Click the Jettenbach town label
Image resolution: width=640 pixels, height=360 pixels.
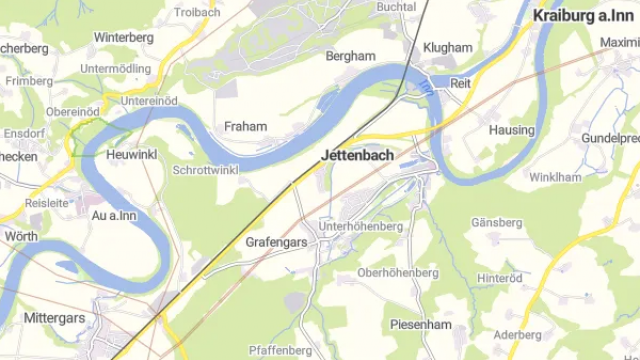(x=357, y=156)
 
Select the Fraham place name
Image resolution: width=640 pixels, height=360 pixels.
(x=245, y=127)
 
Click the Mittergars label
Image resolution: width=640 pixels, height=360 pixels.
(x=53, y=318)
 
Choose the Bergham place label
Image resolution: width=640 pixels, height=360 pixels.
(x=350, y=57)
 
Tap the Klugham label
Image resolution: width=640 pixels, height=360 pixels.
(x=447, y=47)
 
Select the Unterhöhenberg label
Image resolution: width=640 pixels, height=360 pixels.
(x=360, y=227)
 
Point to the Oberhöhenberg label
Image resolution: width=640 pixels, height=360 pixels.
(x=398, y=272)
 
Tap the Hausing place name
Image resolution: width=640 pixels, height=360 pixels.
(x=511, y=130)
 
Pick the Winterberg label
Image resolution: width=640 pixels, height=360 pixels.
(x=124, y=37)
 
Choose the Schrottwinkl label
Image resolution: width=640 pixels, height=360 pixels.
(x=205, y=171)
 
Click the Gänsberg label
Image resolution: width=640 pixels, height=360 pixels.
(x=497, y=221)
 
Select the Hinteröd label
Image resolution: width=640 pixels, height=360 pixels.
(x=501, y=278)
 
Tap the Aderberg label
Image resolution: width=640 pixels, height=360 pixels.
(x=517, y=335)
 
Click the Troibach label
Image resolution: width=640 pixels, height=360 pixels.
(x=198, y=12)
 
